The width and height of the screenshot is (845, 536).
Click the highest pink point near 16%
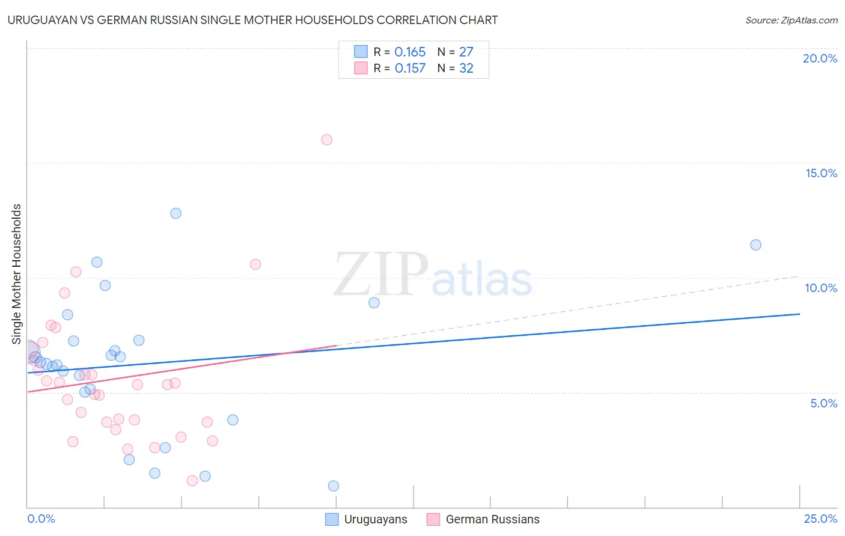pyautogui.click(x=327, y=140)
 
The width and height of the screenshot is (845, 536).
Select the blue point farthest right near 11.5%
pyautogui.click(x=755, y=245)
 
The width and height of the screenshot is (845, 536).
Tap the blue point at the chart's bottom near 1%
pyautogui.click(x=334, y=486)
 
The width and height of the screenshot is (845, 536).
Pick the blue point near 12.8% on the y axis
pyautogui.click(x=175, y=213)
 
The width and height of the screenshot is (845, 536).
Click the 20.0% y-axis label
pyautogui.click(x=820, y=58)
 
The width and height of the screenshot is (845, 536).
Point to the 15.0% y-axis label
pyautogui.click(x=821, y=173)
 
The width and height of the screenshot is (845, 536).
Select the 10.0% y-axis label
pyautogui.click(x=821, y=288)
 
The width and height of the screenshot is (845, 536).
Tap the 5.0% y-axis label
pyautogui.click(x=823, y=403)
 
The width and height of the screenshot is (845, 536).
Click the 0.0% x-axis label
pyautogui.click(x=41, y=519)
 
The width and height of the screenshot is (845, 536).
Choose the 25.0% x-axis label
pyautogui.click(x=820, y=519)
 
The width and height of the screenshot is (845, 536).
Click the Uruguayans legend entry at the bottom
pyautogui.click(x=366, y=519)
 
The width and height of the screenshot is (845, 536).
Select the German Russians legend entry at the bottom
pyautogui.click(x=483, y=519)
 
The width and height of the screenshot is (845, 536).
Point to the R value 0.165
pyautogui.click(x=410, y=52)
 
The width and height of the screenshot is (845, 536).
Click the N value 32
pyautogui.click(x=466, y=69)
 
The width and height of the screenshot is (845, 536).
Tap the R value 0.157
pyautogui.click(x=410, y=69)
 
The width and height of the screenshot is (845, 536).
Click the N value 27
pyautogui.click(x=466, y=52)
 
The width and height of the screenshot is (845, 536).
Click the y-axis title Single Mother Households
pyautogui.click(x=17, y=274)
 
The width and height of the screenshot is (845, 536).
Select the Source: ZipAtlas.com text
pyautogui.click(x=791, y=20)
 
